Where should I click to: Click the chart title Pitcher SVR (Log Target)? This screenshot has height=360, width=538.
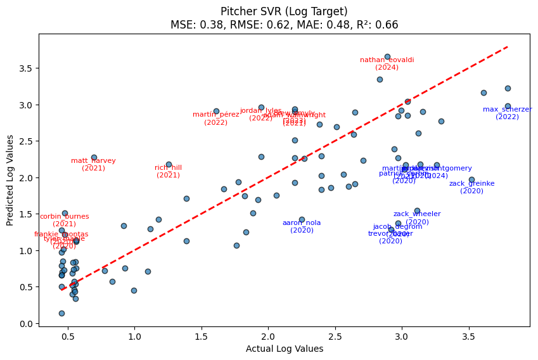[x=284, y=11]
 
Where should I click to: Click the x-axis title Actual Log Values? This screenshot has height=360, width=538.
[x=284, y=349]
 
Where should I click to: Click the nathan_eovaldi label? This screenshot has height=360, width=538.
[x=387, y=60]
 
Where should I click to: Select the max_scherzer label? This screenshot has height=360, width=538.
[x=507, y=110]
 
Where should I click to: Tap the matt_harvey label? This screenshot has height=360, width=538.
[x=93, y=161]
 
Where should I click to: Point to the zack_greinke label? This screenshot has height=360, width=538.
[x=471, y=184]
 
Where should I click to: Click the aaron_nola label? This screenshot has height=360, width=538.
[x=302, y=223]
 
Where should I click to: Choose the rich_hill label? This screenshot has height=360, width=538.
[x=168, y=168]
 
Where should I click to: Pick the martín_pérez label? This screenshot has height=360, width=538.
[x=215, y=115]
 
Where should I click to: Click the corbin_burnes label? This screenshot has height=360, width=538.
[x=64, y=217]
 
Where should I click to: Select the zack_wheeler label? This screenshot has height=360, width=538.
[x=417, y=214]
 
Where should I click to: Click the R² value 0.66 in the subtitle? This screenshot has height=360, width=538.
[x=390, y=25]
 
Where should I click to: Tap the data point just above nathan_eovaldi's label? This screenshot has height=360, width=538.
[x=387, y=56]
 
